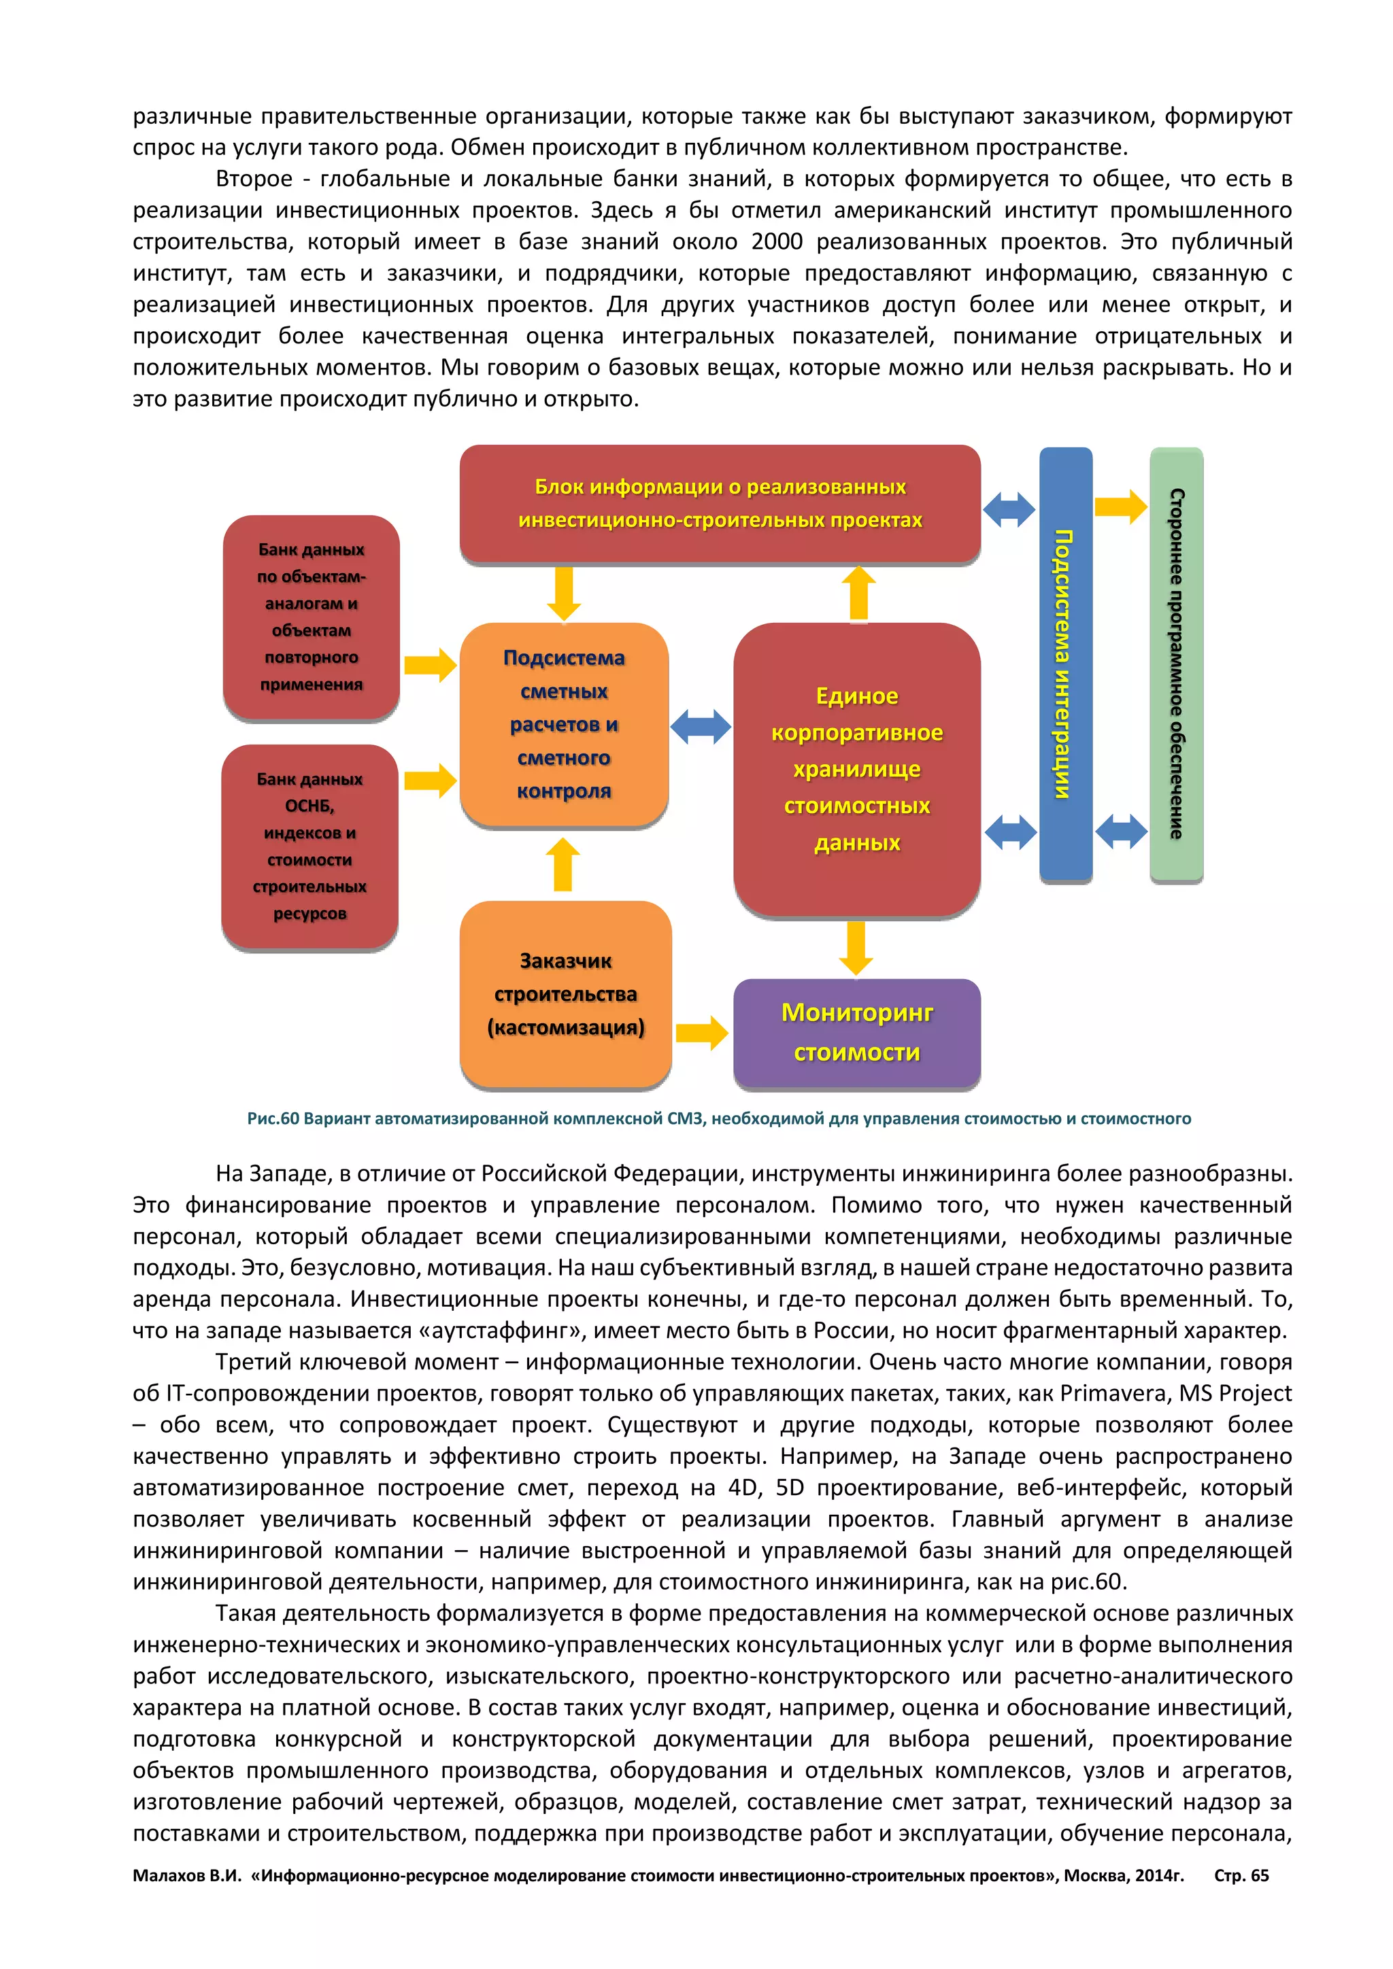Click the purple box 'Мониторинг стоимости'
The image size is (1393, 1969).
coord(856,1033)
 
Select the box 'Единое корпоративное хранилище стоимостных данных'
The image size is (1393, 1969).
coord(856,769)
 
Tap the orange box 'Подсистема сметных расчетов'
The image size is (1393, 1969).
coord(564,724)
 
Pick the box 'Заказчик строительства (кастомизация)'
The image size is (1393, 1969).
coord(565,994)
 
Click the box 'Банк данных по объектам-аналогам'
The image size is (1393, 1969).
coord(311,617)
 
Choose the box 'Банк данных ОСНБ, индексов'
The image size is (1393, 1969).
coord(309,846)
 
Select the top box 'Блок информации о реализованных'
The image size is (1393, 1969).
coord(720,503)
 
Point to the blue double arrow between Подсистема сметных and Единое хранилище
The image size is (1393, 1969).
coord(700,727)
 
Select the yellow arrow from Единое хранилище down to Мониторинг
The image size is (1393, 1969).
coord(856,948)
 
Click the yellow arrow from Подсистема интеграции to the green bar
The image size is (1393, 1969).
coord(1120,506)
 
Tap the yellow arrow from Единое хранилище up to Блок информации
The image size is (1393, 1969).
coord(858,593)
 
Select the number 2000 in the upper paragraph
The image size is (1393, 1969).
coord(776,242)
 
